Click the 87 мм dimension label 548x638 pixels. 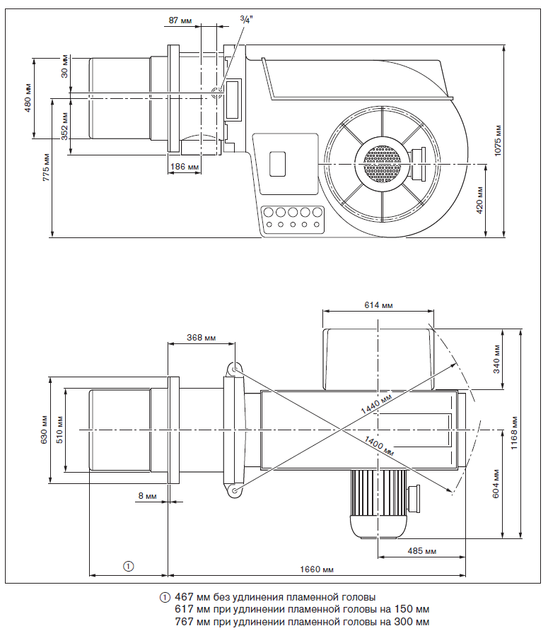point(180,20)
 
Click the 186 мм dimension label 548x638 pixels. point(184,167)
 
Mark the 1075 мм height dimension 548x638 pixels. point(498,140)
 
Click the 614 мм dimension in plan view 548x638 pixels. point(378,305)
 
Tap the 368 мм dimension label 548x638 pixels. point(202,338)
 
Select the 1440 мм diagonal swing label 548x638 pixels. point(376,406)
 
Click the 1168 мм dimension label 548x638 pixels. point(515,432)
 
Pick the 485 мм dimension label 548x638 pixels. point(421,550)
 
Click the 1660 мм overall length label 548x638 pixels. point(317,569)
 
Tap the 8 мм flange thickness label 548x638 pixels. point(148,496)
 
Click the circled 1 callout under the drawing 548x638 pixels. point(128,565)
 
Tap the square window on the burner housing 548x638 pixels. point(278,163)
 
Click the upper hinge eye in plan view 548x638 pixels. point(235,368)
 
